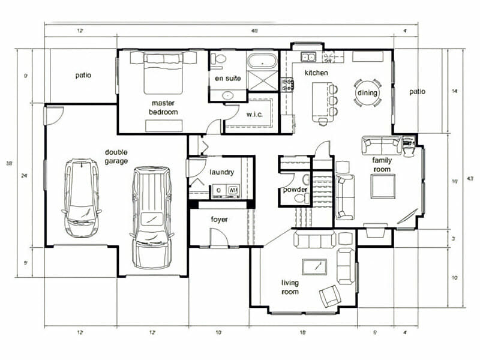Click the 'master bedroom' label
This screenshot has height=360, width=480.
[164, 107]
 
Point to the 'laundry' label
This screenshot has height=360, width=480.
[221, 173]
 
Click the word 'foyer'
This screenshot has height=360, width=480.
[219, 220]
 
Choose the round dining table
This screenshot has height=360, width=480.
[366, 93]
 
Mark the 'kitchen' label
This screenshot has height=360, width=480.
[316, 73]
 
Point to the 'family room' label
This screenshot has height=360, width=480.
[382, 164]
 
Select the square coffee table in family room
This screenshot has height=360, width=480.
[382, 187]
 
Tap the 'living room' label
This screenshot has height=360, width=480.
[290, 287]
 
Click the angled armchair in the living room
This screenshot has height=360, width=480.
[330, 296]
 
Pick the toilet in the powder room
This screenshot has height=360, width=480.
[306, 180]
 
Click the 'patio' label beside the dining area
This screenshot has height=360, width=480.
[417, 92]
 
